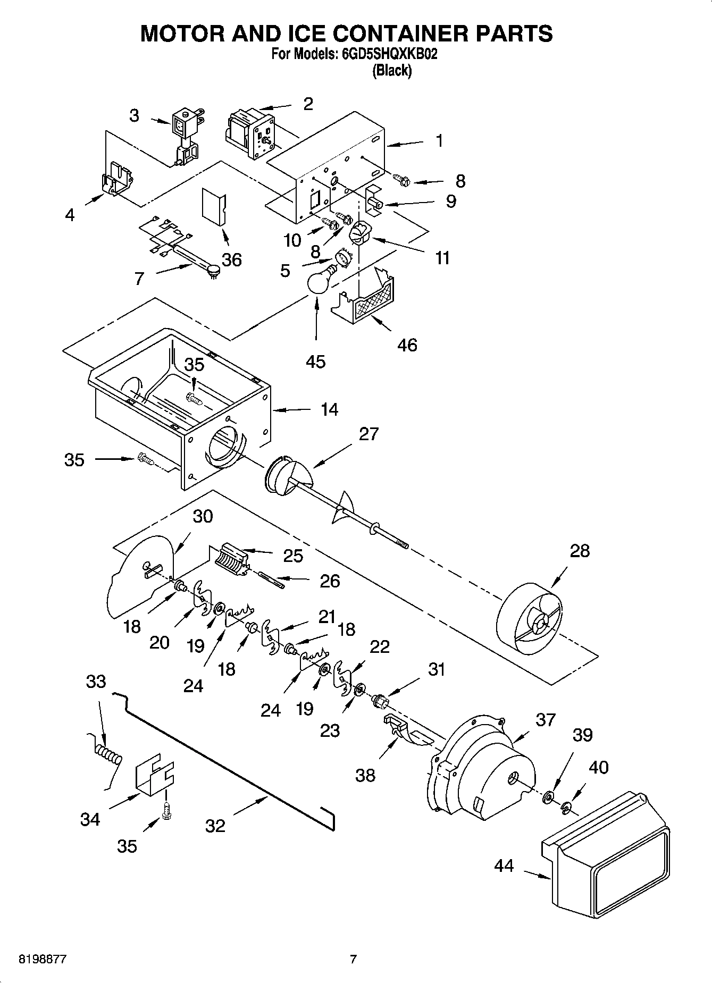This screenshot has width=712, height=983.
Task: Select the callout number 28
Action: pyautogui.click(x=580, y=550)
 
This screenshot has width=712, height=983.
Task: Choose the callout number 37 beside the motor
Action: pyautogui.click(x=545, y=720)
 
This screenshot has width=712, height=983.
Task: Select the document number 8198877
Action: pyautogui.click(x=43, y=960)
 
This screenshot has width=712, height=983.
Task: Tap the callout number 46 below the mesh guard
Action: pyautogui.click(x=407, y=345)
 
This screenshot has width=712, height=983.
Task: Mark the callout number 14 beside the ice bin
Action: pyautogui.click(x=329, y=409)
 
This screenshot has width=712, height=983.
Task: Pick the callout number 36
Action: pyautogui.click(x=231, y=260)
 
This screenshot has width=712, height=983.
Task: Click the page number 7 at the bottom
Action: pyautogui.click(x=353, y=960)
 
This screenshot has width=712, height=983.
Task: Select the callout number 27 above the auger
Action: pyautogui.click(x=368, y=434)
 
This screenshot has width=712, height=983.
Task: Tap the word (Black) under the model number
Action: pyautogui.click(x=392, y=71)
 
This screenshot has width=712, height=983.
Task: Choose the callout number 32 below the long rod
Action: pyautogui.click(x=215, y=826)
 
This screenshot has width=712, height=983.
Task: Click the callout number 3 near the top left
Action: pyautogui.click(x=134, y=115)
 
